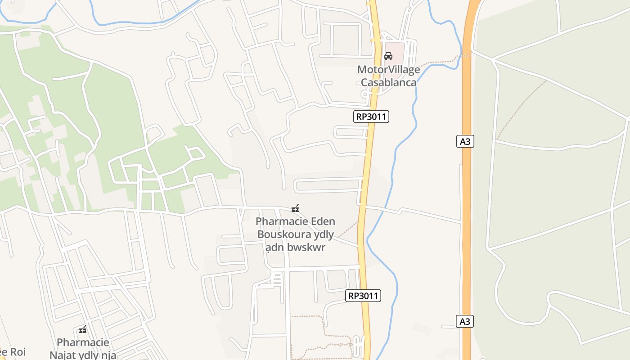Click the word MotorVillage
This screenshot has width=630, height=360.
pos(388,70)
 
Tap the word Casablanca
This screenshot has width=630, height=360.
pos(388,82)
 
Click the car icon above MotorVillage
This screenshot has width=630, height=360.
pos(388,56)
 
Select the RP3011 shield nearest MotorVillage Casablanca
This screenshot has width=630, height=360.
pos(371,117)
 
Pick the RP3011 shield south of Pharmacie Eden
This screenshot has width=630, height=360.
pos(364,296)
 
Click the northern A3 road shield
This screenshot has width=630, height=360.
pos(465,142)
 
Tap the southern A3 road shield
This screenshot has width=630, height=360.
pos(465,321)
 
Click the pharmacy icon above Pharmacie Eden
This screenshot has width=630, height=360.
pos(295,208)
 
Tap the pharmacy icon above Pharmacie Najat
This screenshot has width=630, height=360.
pos(83,329)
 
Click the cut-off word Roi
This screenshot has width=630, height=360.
pos(18,351)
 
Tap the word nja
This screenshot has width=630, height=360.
pos(108,355)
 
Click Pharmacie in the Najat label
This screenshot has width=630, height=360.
pos(83,342)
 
